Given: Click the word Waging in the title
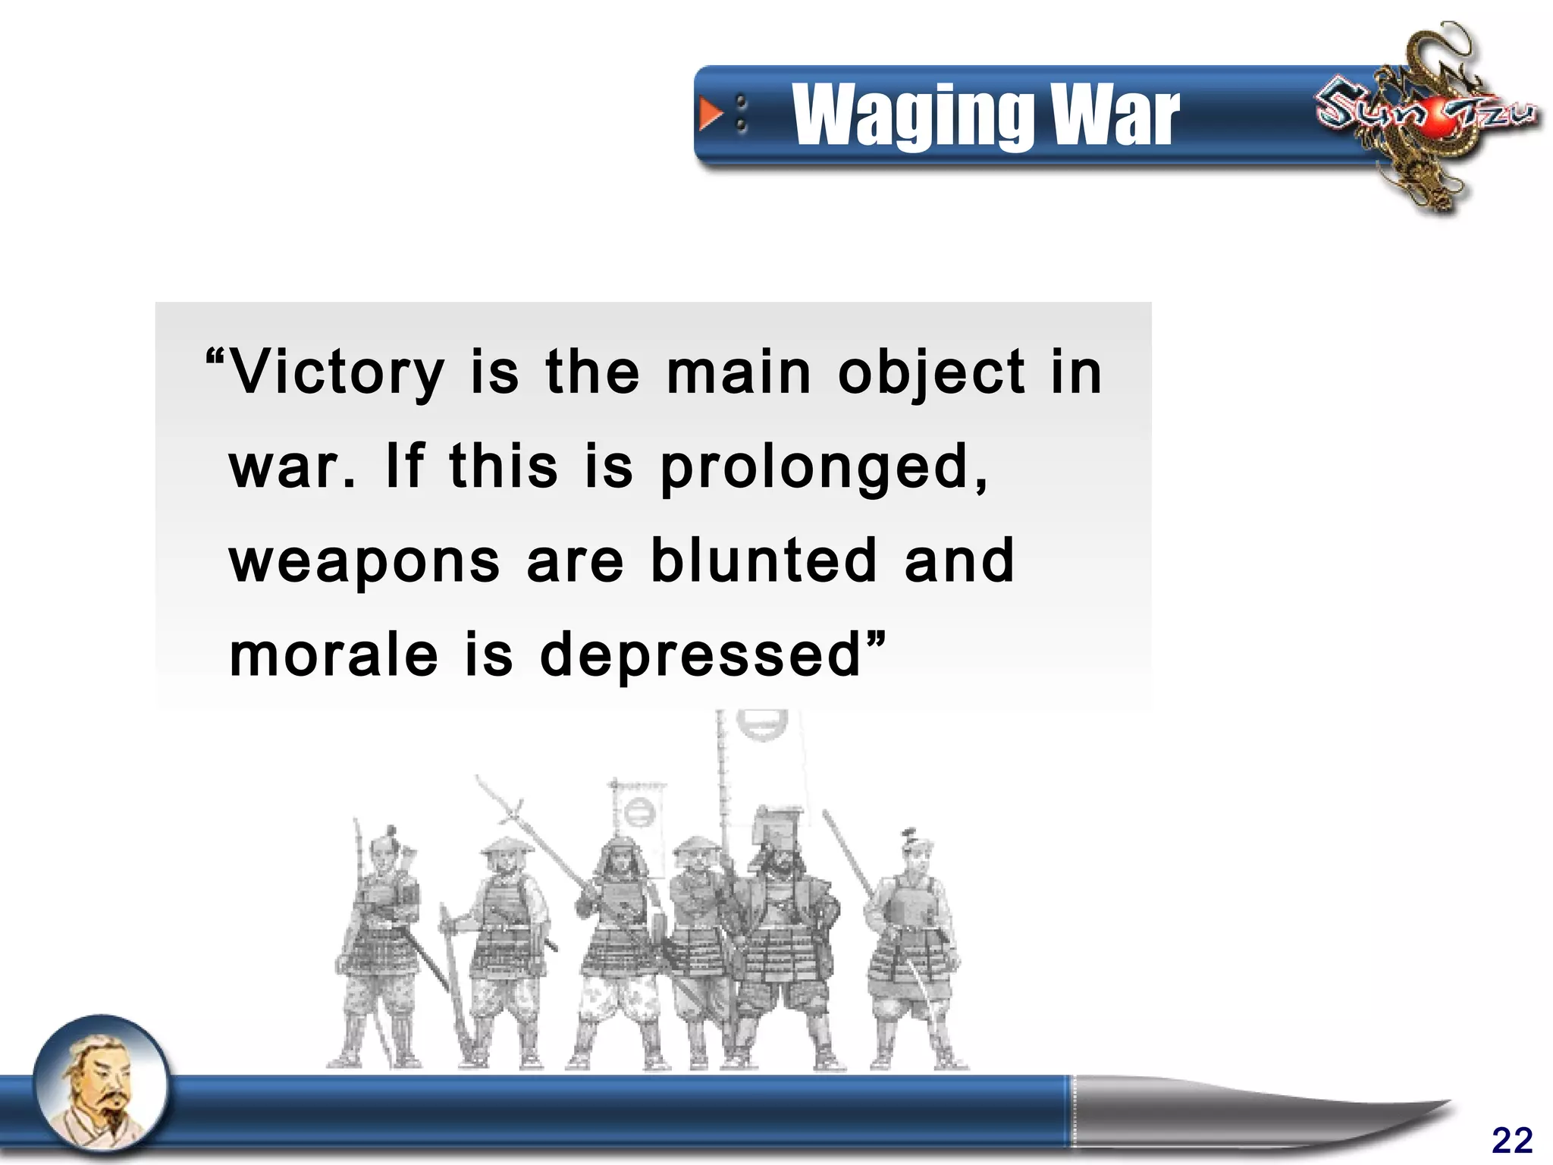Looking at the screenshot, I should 910,115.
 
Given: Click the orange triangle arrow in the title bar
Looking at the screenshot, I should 711,114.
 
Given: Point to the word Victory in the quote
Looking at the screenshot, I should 337,373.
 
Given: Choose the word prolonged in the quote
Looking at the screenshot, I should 824,468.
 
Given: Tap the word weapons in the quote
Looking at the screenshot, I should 365,561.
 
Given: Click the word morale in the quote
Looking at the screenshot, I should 334,655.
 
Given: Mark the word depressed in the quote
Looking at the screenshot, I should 701,655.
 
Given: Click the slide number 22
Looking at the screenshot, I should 1511,1140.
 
